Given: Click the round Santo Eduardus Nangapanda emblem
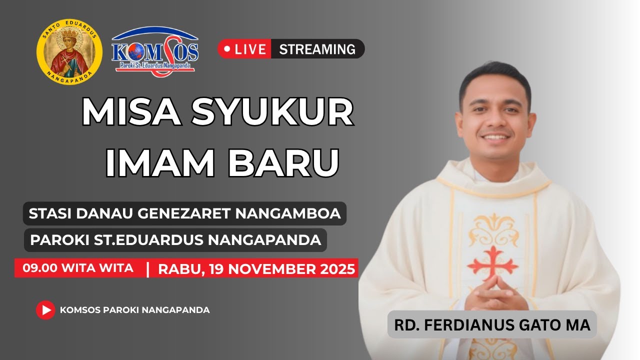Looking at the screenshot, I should [69, 51].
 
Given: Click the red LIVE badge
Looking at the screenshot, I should [245, 49].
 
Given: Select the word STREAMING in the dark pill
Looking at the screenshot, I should [317, 49].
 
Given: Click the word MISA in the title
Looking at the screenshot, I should [131, 112].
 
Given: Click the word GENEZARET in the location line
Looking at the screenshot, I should [183, 213].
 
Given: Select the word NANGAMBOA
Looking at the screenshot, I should [288, 213].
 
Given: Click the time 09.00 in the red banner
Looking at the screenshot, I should [40, 268].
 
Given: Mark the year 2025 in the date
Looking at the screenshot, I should [336, 269].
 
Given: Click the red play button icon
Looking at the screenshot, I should [45, 310].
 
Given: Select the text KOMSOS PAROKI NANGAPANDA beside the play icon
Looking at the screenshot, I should [134, 310].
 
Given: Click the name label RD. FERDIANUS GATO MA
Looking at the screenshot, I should [492, 325].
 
